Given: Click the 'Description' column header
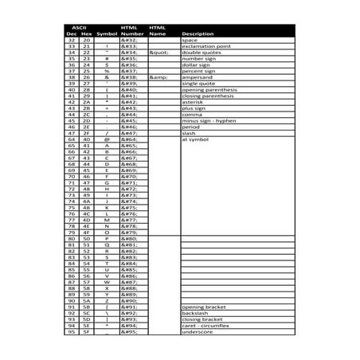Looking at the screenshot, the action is (198, 34).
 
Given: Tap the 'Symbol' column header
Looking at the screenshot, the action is (107, 34).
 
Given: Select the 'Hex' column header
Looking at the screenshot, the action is (86, 34).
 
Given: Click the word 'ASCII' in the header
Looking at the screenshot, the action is (78, 27).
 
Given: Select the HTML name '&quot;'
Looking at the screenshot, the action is (158, 53).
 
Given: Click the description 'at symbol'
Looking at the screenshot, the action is (195, 139).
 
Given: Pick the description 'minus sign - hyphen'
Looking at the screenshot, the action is (209, 120).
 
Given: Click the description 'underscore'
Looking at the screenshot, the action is (198, 331).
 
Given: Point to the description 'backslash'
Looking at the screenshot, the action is (196, 313).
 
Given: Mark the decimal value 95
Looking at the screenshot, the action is (72, 331).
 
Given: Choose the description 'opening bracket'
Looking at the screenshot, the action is (203, 307).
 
